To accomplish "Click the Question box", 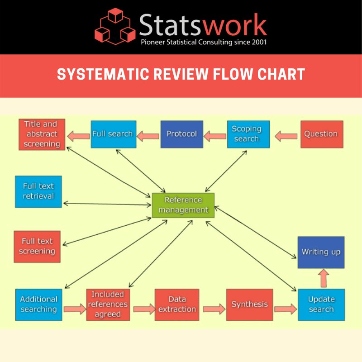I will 321,134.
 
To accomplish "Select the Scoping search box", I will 248,134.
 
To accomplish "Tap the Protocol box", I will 181,134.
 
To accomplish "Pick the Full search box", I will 112,134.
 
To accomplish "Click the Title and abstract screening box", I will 42,134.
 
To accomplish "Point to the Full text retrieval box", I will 38,191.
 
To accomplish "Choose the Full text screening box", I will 37,247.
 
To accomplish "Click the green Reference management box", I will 183,205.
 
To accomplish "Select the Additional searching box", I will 38,305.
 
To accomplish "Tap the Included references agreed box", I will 107,305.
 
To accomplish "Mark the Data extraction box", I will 176,305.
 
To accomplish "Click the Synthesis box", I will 249,305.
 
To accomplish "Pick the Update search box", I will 321,305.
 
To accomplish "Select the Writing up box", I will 321,252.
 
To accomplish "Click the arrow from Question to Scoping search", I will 286,135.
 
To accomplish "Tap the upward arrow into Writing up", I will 323,278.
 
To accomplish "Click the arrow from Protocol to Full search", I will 148,135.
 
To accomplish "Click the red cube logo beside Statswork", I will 115,27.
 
